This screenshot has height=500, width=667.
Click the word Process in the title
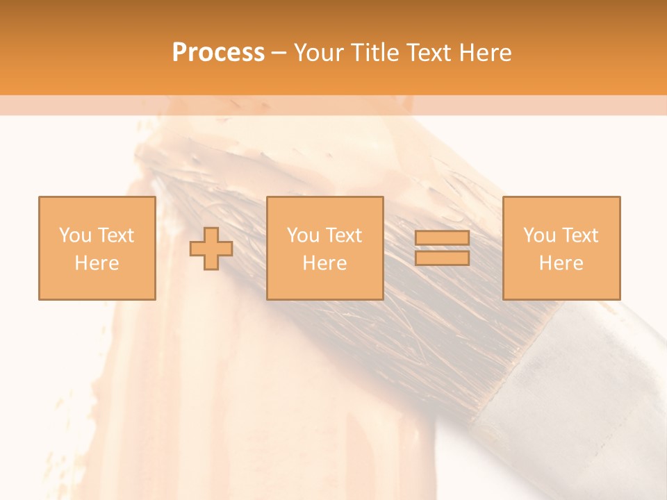(x=218, y=53)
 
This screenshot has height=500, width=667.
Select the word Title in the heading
(x=376, y=53)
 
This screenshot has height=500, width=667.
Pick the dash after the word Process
(x=279, y=53)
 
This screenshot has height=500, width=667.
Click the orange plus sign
(x=211, y=249)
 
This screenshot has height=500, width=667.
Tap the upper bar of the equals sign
(x=442, y=238)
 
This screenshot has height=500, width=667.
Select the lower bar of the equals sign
(x=442, y=258)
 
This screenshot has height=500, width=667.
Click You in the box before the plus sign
(x=75, y=235)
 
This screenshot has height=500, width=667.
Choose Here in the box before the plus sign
(x=97, y=263)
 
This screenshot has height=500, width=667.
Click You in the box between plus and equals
(x=303, y=235)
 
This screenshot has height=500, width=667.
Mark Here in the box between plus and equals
(x=324, y=263)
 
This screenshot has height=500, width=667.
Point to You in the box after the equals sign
(x=539, y=235)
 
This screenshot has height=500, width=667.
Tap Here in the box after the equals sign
(x=561, y=263)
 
